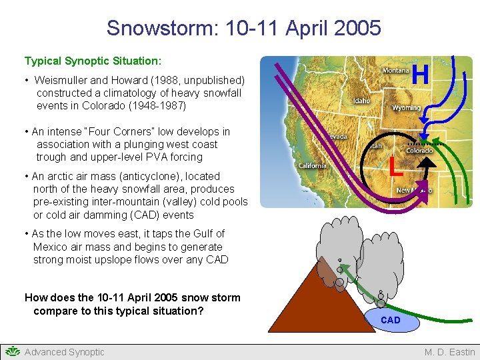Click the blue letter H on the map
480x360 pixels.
420,75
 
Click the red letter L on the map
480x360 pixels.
396,166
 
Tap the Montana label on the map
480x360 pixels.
395,71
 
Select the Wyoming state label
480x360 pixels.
406,107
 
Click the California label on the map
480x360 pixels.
312,165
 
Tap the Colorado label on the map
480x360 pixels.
419,151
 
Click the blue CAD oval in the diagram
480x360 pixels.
391,321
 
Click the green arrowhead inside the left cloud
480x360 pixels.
340,270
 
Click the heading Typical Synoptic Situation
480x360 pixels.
93,61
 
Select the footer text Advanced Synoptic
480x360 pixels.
64,352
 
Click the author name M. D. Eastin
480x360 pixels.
450,352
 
